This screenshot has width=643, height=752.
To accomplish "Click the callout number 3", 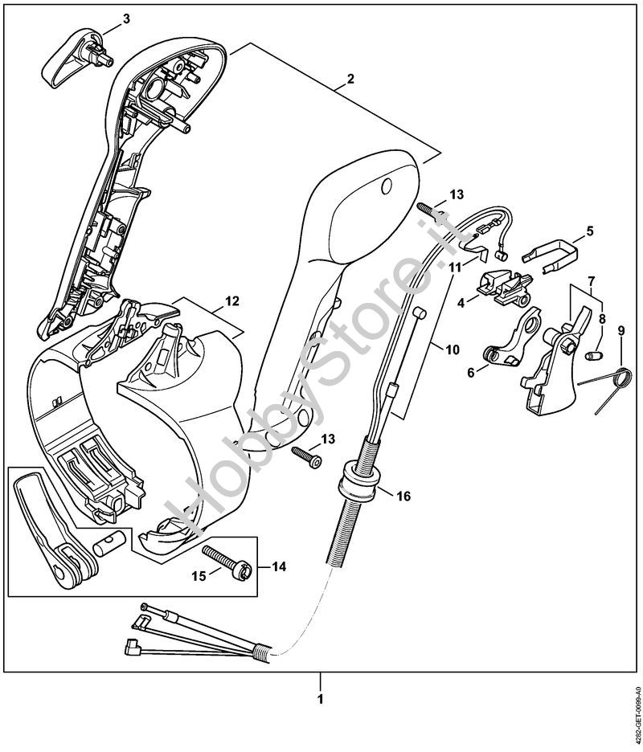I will pyautogui.click(x=125, y=18).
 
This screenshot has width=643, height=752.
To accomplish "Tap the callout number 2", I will pyautogui.click(x=350, y=80).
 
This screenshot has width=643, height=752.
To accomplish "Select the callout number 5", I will pyautogui.click(x=589, y=231).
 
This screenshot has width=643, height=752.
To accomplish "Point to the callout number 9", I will pyautogui.click(x=620, y=330).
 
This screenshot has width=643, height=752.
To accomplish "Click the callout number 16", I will pyautogui.click(x=403, y=497).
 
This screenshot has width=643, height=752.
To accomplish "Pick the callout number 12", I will pyautogui.click(x=231, y=301).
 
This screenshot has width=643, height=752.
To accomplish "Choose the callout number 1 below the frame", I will pyautogui.click(x=320, y=700).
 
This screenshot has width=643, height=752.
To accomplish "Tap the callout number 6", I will pyautogui.click(x=471, y=371).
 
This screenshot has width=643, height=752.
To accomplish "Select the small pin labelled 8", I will pyautogui.click(x=595, y=354).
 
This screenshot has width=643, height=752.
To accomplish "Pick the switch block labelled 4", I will pyautogui.click(x=505, y=288).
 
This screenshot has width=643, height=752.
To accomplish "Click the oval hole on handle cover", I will pyautogui.click(x=385, y=186).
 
